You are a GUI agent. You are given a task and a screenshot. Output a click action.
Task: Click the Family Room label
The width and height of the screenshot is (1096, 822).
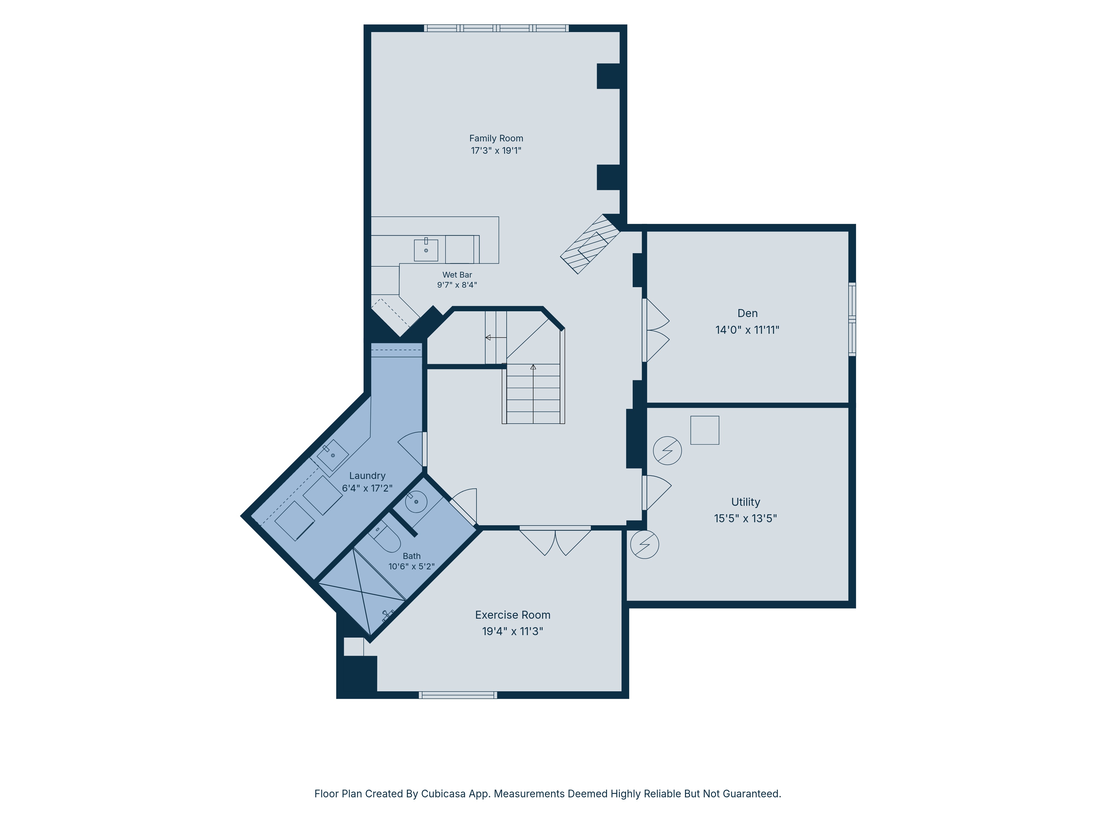tap(496, 138)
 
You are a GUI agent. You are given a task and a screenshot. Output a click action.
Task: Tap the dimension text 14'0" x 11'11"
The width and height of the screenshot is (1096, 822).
tap(747, 330)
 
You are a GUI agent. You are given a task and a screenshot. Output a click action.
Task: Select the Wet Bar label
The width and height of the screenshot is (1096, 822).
tap(457, 275)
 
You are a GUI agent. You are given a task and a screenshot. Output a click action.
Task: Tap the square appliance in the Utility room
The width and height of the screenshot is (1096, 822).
tap(704, 430)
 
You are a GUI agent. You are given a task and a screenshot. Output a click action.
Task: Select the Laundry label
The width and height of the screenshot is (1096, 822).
tap(367, 476)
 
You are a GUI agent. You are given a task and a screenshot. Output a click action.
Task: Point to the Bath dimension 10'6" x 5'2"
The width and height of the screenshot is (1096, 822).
tap(411, 566)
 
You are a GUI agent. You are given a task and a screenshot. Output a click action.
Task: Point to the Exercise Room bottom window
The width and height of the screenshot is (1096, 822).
tap(458, 695)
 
